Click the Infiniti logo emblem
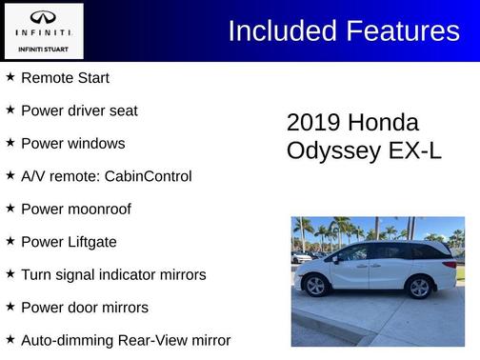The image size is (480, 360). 42,17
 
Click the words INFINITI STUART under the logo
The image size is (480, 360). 42,49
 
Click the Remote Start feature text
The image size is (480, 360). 65,78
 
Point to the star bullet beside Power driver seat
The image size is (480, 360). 10,110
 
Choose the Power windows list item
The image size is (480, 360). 72,144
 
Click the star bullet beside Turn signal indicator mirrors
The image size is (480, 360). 10,273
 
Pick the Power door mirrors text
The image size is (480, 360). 84,308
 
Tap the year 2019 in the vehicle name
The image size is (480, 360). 313,123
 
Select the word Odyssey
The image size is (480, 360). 330,150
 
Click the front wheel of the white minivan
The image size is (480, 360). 316,286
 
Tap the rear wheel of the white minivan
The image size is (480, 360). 418,286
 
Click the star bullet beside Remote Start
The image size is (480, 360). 10,77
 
